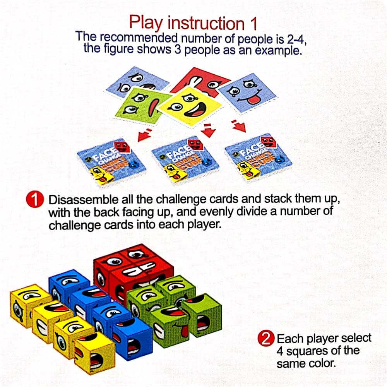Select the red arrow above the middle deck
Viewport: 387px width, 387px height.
click(209, 131)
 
